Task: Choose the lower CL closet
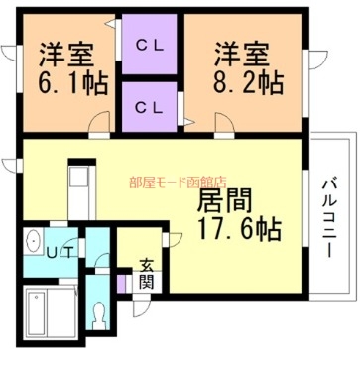pyautogui.click(x=149, y=106)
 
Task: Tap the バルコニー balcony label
pyautogui.click(x=331, y=214)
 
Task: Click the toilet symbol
pyautogui.click(x=99, y=315)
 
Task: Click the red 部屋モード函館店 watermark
pyautogui.click(x=178, y=182)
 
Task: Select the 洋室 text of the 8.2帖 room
pyautogui.click(x=238, y=52)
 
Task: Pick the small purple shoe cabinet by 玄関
pyautogui.click(x=122, y=282)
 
